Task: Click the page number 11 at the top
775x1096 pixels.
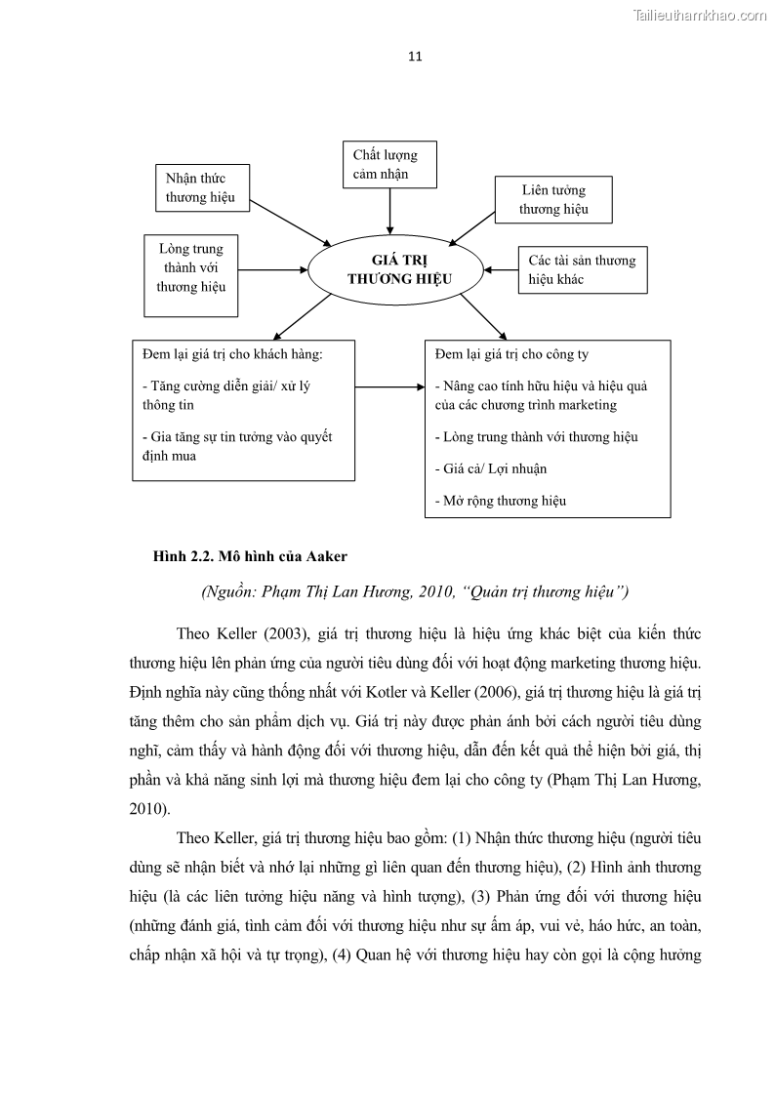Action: pyautogui.click(x=415, y=56)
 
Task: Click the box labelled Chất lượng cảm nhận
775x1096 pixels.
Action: pyautogui.click(x=389, y=165)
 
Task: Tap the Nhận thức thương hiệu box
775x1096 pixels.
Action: pyautogui.click(x=202, y=187)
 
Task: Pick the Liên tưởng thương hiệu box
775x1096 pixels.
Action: pyautogui.click(x=553, y=200)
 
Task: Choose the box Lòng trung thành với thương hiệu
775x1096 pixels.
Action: pyautogui.click(x=191, y=274)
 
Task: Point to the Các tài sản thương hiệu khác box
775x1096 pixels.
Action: pyautogui.click(x=582, y=269)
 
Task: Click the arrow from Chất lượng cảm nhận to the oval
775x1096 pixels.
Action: pyautogui.click(x=390, y=210)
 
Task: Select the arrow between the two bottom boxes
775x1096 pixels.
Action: pyautogui.click(x=389, y=387)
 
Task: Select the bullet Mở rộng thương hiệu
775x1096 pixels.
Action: pyautogui.click(x=501, y=501)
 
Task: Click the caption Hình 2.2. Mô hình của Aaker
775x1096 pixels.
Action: pyautogui.click(x=250, y=557)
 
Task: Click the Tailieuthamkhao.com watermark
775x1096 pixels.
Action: pyautogui.click(x=700, y=15)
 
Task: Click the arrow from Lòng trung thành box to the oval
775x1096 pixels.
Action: pyautogui.click(x=273, y=269)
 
